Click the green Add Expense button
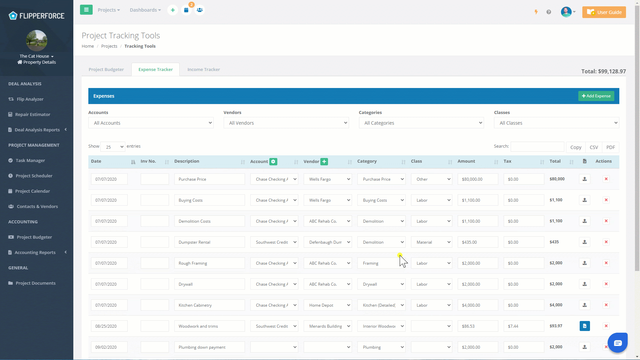tap(596, 96)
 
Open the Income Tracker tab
tap(203, 69)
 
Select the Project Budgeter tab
tap(106, 69)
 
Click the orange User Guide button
tap(604, 12)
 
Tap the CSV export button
tap(594, 147)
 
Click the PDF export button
tap(611, 147)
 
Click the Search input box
tap(537, 147)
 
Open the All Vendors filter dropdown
tap(286, 123)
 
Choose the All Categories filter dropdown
tap(421, 123)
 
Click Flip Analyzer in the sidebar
tap(30, 99)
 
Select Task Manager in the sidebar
tap(30, 160)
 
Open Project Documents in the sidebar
tap(35, 283)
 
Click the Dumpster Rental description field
tap(209, 242)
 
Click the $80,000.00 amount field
tap(478, 179)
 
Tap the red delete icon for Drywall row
tap(606, 284)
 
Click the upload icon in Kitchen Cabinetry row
tap(585, 305)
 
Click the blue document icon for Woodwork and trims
tap(585, 326)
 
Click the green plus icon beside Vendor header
tap(324, 162)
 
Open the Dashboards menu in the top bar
tap(145, 10)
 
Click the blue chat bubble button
tap(618, 343)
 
